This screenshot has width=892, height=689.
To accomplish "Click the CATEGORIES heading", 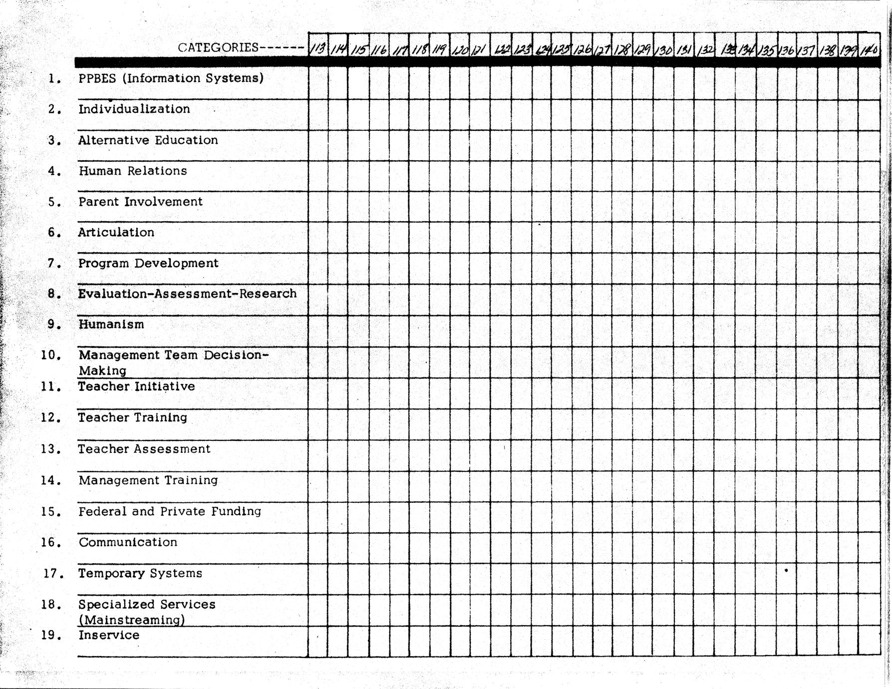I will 218,47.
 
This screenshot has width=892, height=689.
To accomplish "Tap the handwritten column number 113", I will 317,49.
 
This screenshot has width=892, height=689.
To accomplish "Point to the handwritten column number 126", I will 582,49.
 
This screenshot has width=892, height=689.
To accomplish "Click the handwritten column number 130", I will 663,50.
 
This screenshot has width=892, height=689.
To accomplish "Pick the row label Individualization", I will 134,109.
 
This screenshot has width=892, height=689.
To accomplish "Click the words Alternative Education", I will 148,140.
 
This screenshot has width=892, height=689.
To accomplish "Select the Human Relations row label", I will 133,171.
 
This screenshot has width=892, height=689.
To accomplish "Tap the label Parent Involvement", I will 140,202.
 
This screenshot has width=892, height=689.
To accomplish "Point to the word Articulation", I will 116,232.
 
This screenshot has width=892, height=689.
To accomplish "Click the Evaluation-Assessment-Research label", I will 187,294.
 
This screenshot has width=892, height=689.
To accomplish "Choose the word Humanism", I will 111,324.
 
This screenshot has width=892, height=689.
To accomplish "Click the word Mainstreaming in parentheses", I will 132,620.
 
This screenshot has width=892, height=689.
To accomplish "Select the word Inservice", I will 109,635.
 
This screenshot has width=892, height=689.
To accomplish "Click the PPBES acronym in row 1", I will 97,78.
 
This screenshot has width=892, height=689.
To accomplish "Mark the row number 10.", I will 50,355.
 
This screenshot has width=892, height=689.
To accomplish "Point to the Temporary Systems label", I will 140,573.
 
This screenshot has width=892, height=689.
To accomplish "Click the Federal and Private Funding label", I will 170,511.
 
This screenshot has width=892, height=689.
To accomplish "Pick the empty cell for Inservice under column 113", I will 318,641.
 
